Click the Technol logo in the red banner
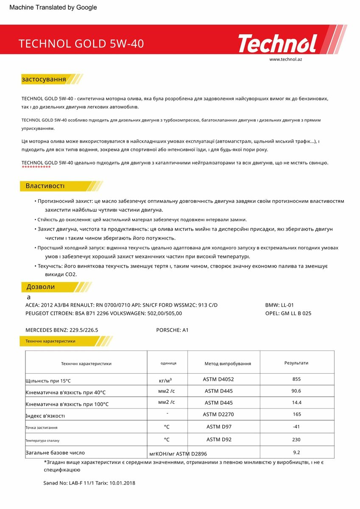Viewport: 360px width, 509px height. (x=277, y=43)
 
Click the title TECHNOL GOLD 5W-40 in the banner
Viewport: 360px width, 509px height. (x=81, y=44)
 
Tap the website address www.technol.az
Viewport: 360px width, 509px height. (x=285, y=59)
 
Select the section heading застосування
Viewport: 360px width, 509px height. (x=44, y=79)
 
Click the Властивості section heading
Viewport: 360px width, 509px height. (x=45, y=186)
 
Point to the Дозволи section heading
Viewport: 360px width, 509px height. (x=41, y=287)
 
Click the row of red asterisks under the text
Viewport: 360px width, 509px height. (x=36, y=168)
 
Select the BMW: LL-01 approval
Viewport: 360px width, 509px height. (x=279, y=305)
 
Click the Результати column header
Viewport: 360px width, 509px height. (x=296, y=363)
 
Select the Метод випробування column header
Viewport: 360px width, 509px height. (x=228, y=364)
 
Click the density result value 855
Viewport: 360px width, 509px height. (x=296, y=379)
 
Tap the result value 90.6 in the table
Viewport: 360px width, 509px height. (x=296, y=391)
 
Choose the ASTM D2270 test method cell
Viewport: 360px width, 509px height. (x=218, y=414)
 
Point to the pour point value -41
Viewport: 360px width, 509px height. (x=296, y=426)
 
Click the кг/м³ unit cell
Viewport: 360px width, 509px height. (x=165, y=380)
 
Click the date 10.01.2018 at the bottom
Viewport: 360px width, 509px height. (x=122, y=483)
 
